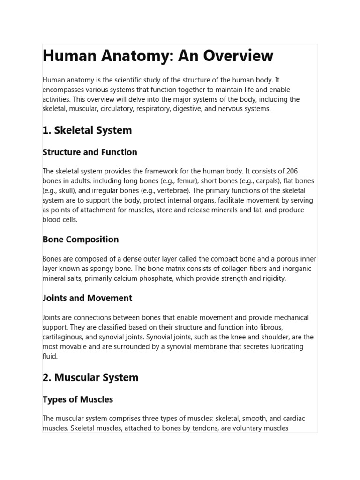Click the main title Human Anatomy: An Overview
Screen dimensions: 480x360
(x=157, y=56)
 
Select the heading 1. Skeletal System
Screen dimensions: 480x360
(x=87, y=130)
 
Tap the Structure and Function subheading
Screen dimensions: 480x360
(x=90, y=152)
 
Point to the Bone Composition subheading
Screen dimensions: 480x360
(x=80, y=240)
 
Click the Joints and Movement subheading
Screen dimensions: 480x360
(x=87, y=298)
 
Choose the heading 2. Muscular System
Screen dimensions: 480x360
(x=90, y=377)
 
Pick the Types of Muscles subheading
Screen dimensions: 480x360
(x=77, y=399)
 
